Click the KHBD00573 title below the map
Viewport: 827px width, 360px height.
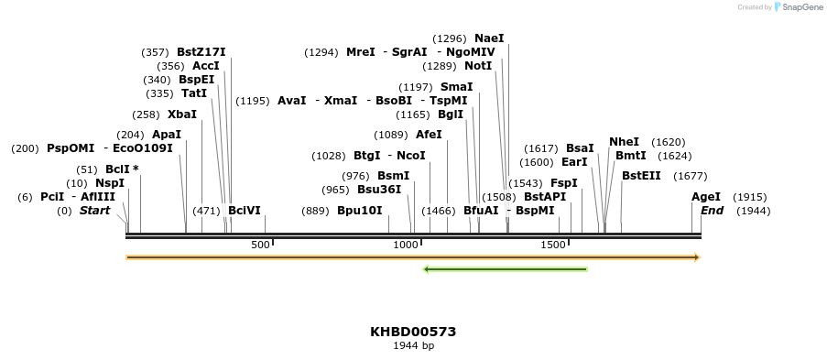pos(413,332)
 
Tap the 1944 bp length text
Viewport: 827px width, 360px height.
pos(413,346)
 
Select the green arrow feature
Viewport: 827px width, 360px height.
pos(505,269)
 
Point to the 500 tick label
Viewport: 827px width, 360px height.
pos(260,245)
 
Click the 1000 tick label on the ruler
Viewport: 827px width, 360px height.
pos(405,245)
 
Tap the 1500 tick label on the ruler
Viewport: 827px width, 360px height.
pos(553,245)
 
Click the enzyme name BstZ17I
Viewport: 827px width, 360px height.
pos(201,52)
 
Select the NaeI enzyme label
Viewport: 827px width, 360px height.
pos(489,38)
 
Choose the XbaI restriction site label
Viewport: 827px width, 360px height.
pos(181,115)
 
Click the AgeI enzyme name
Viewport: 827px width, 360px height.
pos(705,197)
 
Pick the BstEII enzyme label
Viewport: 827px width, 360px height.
pos(641,176)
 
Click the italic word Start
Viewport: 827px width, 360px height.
pos(94,211)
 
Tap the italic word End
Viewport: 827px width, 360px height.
pos(712,211)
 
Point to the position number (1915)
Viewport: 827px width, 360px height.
pos(750,197)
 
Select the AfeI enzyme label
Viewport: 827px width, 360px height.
pos(429,135)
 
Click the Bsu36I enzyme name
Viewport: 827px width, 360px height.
pos(379,190)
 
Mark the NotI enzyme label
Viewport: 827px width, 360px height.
pos(478,66)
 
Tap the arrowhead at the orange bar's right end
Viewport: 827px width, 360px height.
pos(697,257)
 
